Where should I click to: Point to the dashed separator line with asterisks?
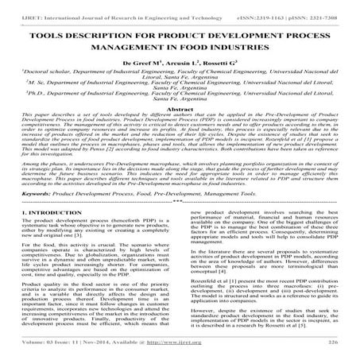180,202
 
